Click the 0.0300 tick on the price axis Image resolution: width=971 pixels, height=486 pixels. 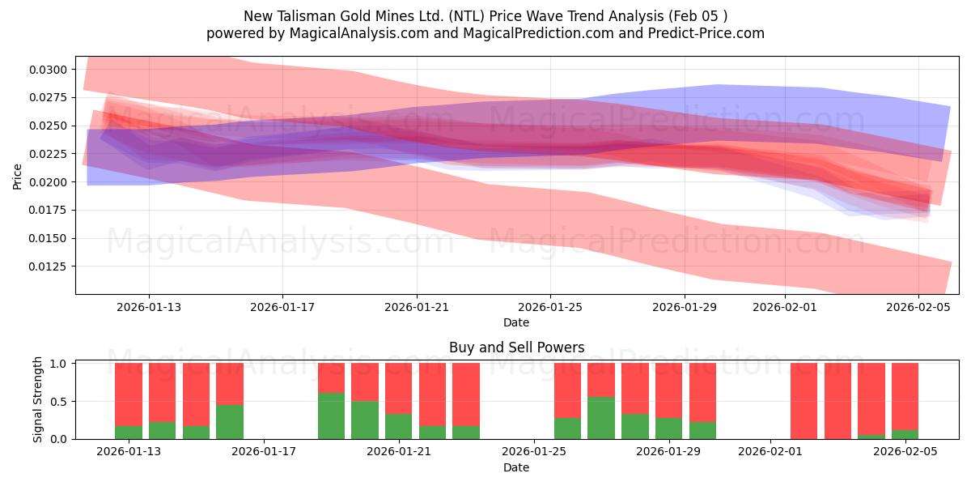coord(49,70)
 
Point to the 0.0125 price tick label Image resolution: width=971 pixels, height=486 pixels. coord(49,266)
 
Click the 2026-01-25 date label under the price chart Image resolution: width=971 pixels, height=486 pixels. coord(550,307)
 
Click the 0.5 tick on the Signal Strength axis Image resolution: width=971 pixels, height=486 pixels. coord(60,402)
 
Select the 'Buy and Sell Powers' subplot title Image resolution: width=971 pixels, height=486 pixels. coord(516,347)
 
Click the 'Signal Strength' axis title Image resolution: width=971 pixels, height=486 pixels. coord(38,400)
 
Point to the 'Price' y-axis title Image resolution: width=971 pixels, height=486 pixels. coord(18,176)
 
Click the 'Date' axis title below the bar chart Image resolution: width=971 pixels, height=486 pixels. coord(516,467)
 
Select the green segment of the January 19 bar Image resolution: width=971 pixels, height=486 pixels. coord(331,416)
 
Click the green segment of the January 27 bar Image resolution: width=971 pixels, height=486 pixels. coord(600,418)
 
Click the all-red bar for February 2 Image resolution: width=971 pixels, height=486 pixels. coord(804,401)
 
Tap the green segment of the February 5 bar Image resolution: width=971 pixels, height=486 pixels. coord(905,435)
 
